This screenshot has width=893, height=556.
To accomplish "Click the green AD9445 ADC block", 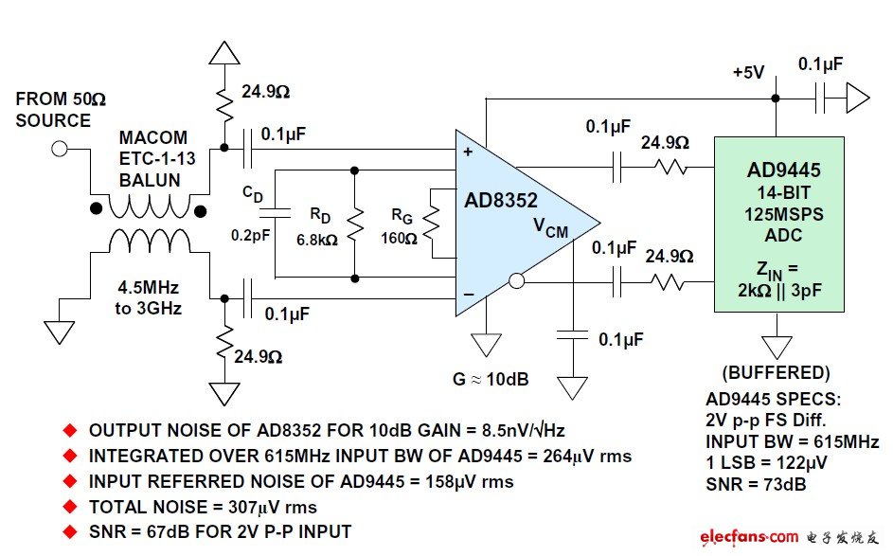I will click(778, 223).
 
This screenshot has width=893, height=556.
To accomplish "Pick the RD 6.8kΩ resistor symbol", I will click(353, 224).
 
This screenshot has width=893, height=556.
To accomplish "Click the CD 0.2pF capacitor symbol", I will click(274, 205).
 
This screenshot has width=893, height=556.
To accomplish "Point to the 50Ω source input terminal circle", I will click(60, 149).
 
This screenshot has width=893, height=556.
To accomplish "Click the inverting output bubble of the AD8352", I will click(516, 280).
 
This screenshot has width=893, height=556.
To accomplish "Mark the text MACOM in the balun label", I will click(153, 138).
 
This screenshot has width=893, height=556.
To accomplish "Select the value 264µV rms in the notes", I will click(581, 457).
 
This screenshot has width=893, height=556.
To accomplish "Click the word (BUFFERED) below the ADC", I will click(776, 373).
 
